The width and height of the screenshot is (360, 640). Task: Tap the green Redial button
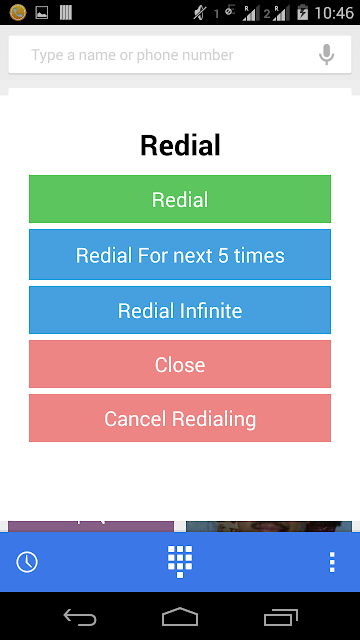(180, 199)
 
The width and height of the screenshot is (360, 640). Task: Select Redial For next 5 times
(180, 255)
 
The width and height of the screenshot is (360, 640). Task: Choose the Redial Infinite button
(180, 310)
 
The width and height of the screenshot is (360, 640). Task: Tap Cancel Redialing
(180, 418)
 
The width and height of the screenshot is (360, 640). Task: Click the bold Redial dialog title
(180, 145)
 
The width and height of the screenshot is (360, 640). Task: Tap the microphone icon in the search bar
(326, 54)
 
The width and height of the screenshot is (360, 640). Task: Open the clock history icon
(27, 562)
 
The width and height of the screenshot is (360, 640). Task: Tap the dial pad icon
(180, 562)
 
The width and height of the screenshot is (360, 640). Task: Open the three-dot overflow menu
(332, 562)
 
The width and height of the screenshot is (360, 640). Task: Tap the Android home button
(180, 616)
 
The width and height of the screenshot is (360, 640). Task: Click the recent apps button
(281, 617)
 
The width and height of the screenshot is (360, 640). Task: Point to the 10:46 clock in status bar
(334, 13)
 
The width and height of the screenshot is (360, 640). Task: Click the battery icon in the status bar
(302, 12)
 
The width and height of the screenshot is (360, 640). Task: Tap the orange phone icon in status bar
(18, 12)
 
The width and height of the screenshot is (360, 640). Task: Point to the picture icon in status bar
(42, 13)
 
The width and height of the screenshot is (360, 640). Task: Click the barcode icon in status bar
(66, 13)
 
